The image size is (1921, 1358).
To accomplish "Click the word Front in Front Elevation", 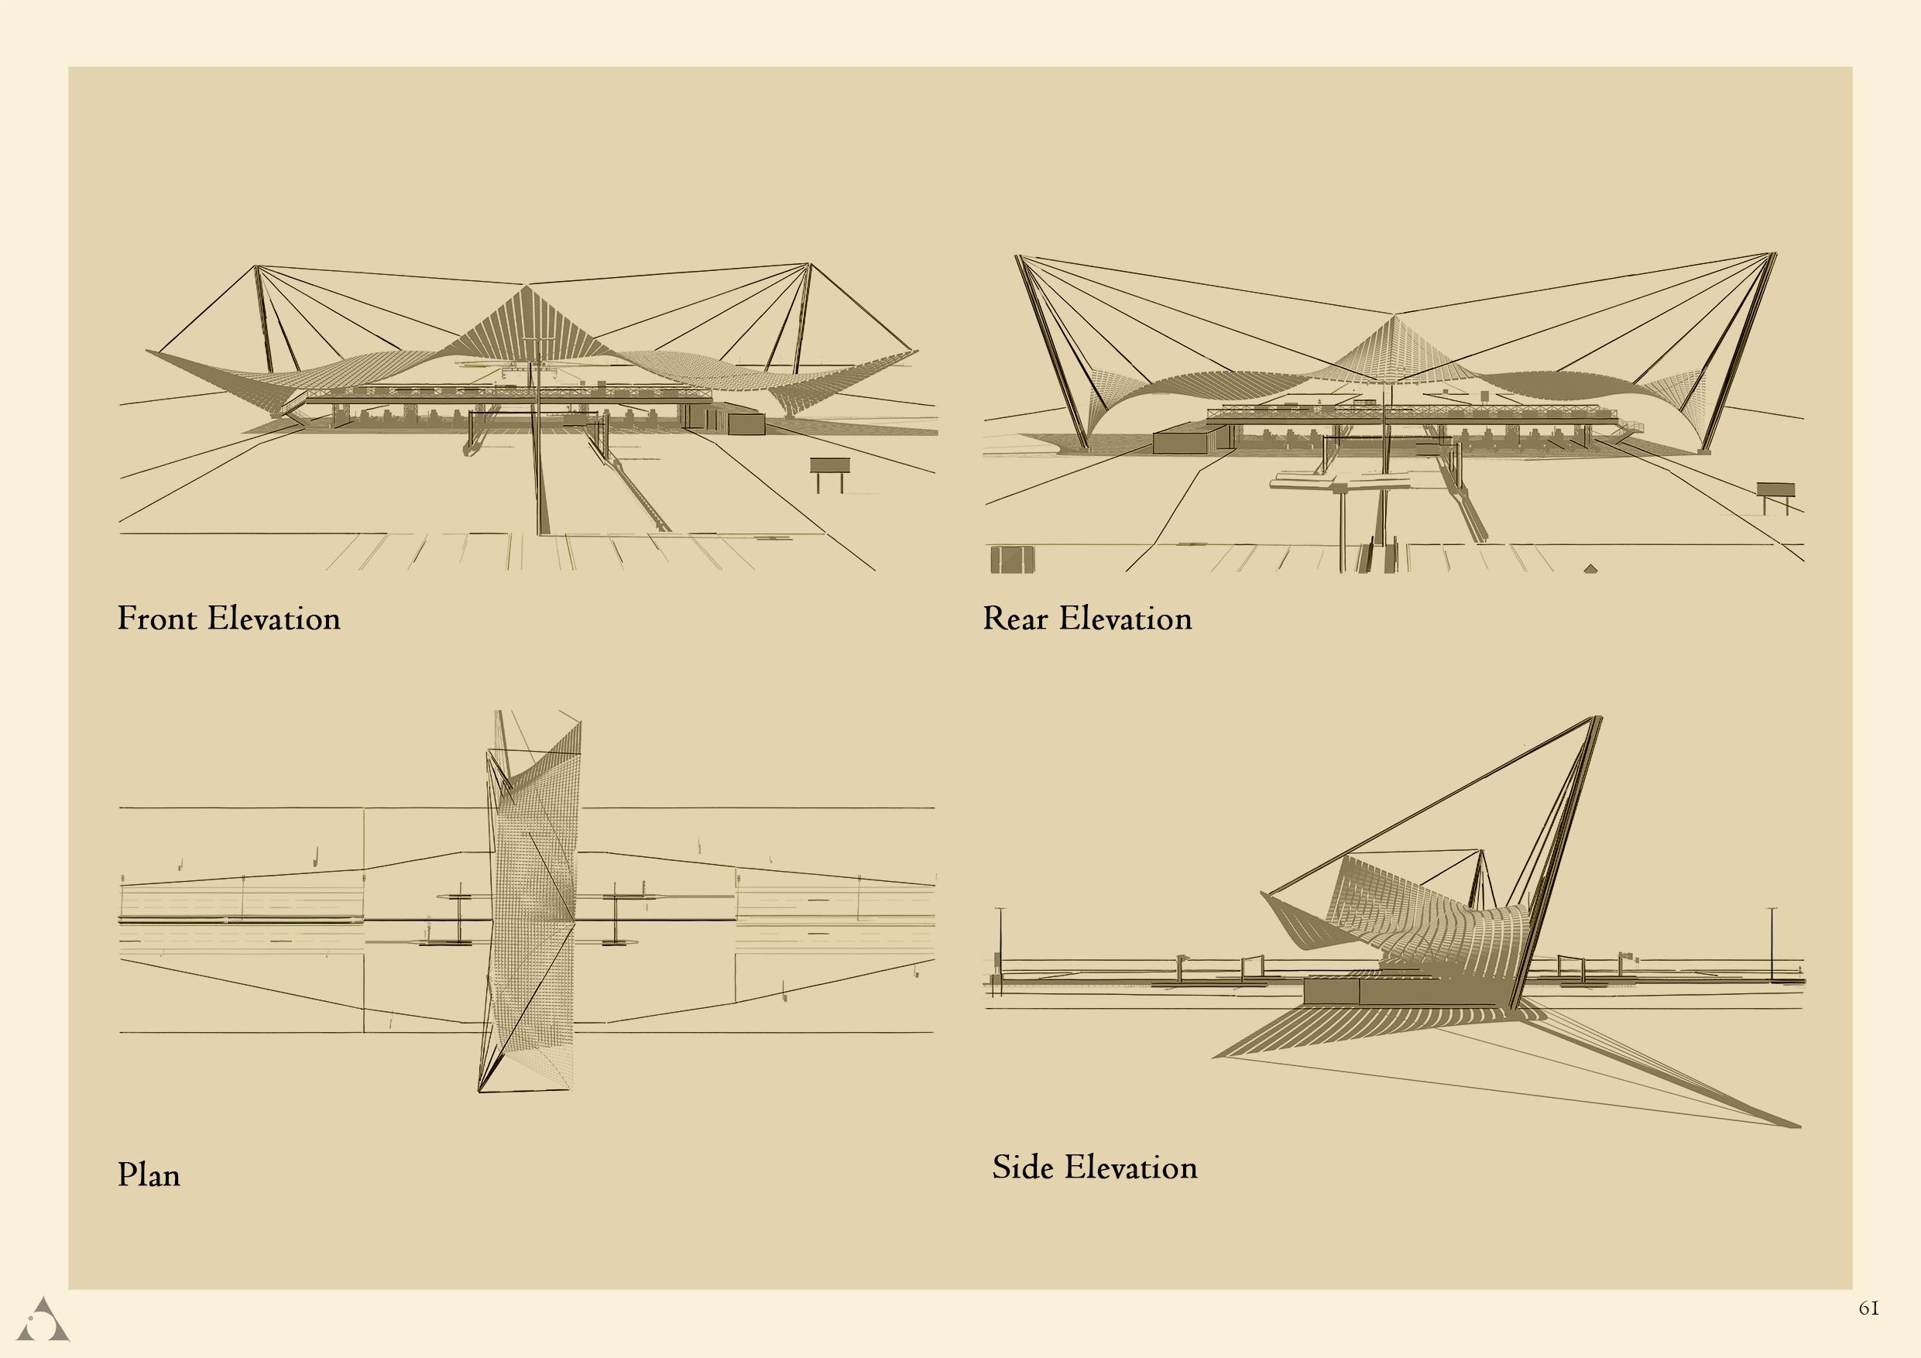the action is (159, 619).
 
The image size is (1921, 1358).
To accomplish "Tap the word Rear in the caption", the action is (1015, 619).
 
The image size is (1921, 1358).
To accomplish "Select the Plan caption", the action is (149, 1175).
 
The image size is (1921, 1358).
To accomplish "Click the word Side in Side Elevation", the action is (1021, 1168).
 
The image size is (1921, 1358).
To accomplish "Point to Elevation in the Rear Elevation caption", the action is (1125, 619).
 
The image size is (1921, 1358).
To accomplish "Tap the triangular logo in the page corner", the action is (43, 1320).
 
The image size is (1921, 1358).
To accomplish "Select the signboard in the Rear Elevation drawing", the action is (1775, 490).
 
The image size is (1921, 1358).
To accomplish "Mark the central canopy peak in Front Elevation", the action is (527, 287).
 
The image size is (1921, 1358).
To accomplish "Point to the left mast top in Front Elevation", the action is (257, 267).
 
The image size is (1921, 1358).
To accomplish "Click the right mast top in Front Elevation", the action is (809, 266).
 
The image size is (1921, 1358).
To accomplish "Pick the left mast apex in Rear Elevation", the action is (1017, 256).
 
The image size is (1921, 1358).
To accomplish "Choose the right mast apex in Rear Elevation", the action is (1774, 253).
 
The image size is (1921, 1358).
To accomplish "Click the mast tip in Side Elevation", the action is (1598, 718).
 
